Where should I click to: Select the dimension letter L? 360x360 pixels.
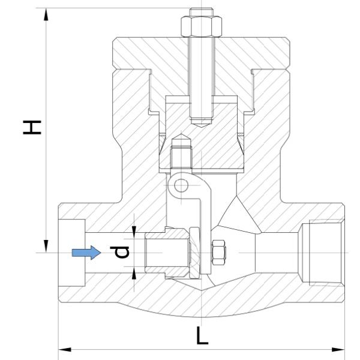coord(203,335)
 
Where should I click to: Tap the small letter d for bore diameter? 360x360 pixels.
coord(122,253)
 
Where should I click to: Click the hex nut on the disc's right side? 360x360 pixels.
coord(218,253)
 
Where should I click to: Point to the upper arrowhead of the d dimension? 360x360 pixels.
coord(134,230)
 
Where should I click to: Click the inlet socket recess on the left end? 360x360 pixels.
coord(72,253)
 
